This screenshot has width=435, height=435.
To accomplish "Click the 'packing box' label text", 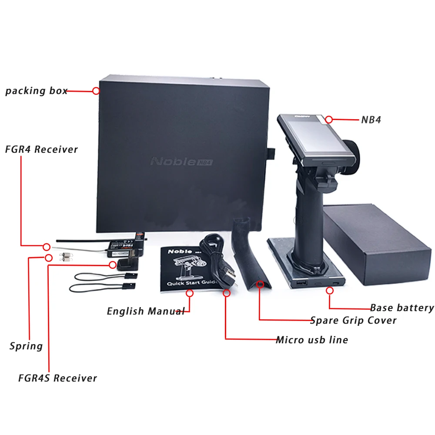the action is pyautogui.click(x=36, y=91).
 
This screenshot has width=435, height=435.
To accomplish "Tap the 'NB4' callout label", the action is pyautogui.click(x=371, y=120).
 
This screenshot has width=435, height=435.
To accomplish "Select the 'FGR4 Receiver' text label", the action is pyautogui.click(x=41, y=149).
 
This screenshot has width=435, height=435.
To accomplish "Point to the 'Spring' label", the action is pyautogui.click(x=26, y=346).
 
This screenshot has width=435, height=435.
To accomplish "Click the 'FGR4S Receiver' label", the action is pyautogui.click(x=57, y=378).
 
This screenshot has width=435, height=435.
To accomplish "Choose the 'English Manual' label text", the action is pyautogui.click(x=146, y=311).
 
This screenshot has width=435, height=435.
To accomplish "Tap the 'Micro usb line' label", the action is pyautogui.click(x=312, y=339).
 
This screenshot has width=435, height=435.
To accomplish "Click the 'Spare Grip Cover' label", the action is pyautogui.click(x=353, y=321).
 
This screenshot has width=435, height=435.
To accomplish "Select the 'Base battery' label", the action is pyautogui.click(x=402, y=308).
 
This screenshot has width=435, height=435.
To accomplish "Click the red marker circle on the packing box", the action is pyautogui.click(x=96, y=91).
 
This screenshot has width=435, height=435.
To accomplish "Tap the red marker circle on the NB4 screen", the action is pyautogui.click(x=329, y=119).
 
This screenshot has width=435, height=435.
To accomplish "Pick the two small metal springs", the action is pyautogui.click(x=67, y=257).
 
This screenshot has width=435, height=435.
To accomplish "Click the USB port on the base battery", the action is pyautogui.click(x=301, y=283).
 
